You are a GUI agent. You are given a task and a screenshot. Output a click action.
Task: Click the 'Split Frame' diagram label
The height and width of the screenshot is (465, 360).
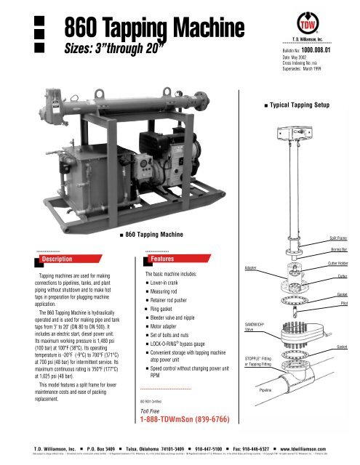[337, 238]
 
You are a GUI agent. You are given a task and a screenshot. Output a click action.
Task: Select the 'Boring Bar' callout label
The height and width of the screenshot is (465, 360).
[338, 251]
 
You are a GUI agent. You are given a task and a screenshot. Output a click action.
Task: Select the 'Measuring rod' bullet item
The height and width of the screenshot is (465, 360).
[173, 294]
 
